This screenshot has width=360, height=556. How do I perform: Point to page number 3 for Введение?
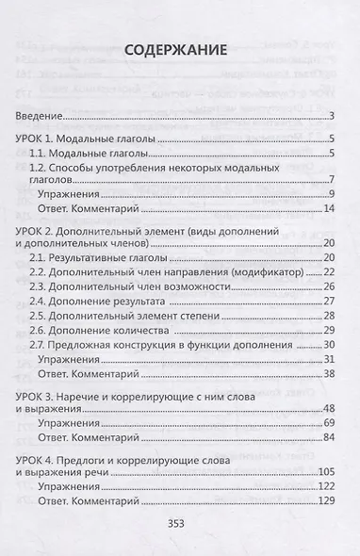click(333, 116)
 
